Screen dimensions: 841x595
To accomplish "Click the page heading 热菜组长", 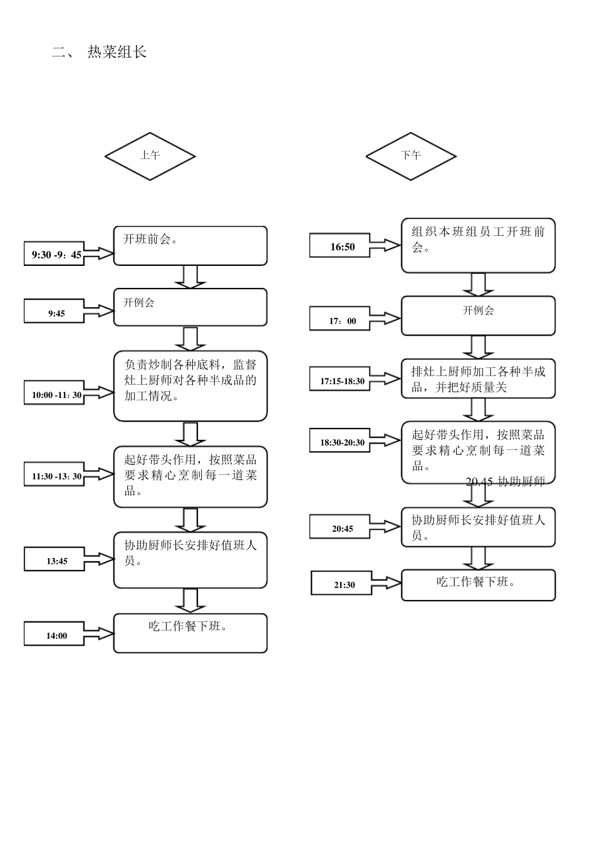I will pyautogui.click(x=116, y=52).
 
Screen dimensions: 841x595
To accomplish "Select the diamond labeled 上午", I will pyautogui.click(x=150, y=156).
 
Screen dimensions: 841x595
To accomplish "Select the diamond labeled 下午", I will pyautogui.click(x=411, y=156).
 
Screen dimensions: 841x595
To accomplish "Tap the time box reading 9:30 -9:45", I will pyautogui.click(x=54, y=254).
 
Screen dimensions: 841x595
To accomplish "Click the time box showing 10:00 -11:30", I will pyautogui.click(x=54, y=394).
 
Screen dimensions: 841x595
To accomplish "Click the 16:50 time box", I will pyautogui.click(x=341, y=246).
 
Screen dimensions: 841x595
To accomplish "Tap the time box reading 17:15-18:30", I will pyautogui.click(x=341, y=380).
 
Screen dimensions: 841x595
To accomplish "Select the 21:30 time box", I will pyautogui.click(x=344, y=584).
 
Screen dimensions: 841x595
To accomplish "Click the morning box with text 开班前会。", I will pyautogui.click(x=190, y=246).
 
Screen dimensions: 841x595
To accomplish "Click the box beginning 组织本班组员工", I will pyautogui.click(x=478, y=245).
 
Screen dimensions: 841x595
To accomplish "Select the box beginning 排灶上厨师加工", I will pyautogui.click(x=478, y=379).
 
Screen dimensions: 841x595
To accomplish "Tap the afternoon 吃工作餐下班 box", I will pyautogui.click(x=478, y=585).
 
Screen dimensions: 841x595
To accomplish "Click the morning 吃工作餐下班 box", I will pyautogui.click(x=190, y=633).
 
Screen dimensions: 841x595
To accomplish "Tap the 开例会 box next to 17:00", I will pyautogui.click(x=478, y=315).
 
